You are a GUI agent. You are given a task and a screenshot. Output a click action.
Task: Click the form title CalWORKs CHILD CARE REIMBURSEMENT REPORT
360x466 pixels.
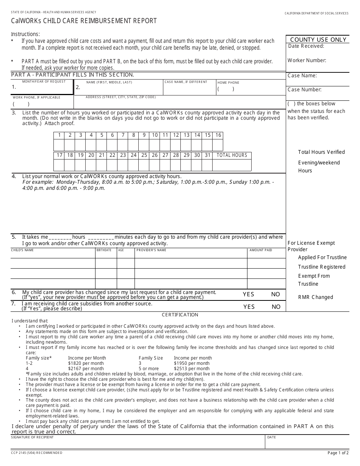tap(84, 21)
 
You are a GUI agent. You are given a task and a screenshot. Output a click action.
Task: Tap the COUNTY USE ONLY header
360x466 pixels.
tap(318, 40)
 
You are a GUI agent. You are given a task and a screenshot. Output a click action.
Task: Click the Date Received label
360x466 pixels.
tap(306, 46)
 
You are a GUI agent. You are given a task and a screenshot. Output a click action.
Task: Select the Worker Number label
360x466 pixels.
tap(307, 60)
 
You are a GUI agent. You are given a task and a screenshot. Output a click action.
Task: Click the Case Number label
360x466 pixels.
tap(304, 90)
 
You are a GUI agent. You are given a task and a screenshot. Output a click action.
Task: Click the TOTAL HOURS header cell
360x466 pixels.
tap(232, 155)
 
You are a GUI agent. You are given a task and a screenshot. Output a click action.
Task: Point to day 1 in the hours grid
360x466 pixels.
tap(59, 135)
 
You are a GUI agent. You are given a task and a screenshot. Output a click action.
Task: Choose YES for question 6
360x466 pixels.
tap(249, 294)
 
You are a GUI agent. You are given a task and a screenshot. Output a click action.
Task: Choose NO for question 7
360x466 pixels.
tap(276, 307)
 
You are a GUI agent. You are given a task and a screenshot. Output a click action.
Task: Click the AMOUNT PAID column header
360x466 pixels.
tap(261, 250)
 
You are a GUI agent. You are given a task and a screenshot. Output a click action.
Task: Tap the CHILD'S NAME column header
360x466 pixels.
tap(22, 250)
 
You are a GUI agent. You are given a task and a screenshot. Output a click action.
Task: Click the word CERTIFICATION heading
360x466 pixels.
tap(180, 315)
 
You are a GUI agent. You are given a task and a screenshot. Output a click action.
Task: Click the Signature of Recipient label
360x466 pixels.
tap(32, 437)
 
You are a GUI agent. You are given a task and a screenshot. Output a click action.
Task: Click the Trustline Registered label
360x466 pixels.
tap(322, 267)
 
